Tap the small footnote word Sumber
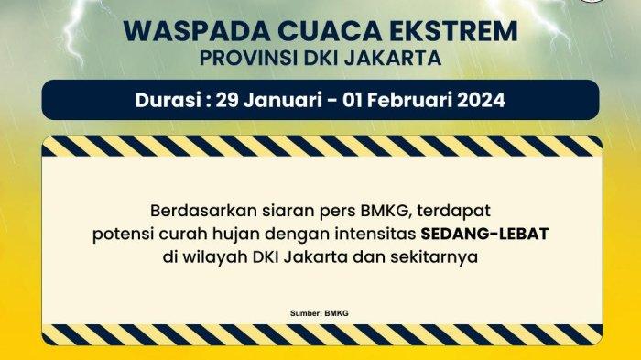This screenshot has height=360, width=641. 303,313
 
